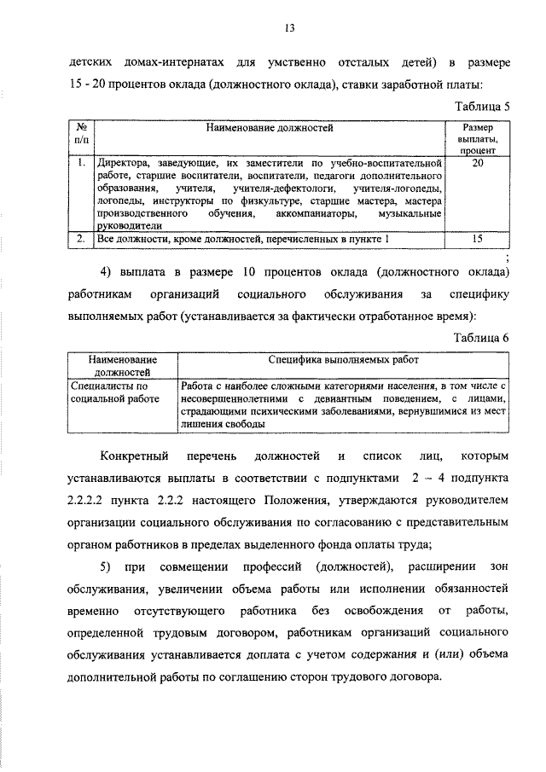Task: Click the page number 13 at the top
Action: coord(289,29)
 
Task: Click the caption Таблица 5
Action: coord(481,107)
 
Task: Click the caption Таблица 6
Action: coord(481,337)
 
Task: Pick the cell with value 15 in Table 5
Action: coord(477,240)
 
